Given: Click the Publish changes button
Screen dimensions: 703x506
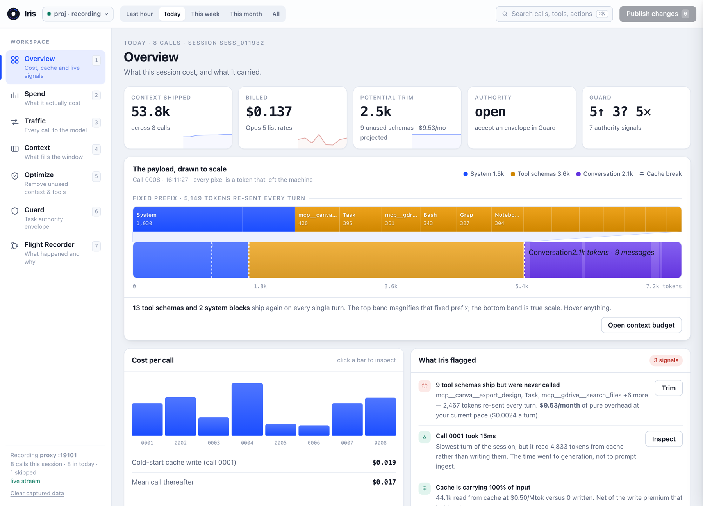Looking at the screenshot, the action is tap(657, 14).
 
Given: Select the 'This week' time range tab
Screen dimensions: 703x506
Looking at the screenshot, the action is tap(205, 14).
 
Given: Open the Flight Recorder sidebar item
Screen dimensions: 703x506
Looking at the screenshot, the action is tap(55, 253).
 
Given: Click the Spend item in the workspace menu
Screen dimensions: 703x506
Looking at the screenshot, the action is tap(55, 98).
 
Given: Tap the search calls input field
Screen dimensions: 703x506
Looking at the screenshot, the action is tap(554, 14).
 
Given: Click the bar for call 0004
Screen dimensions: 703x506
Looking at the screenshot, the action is tap(247, 409).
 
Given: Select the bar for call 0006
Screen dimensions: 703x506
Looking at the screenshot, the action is tap(314, 430).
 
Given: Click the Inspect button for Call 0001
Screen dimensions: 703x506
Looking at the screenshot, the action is tap(664, 439).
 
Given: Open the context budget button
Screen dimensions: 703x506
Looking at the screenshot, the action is tap(641, 325).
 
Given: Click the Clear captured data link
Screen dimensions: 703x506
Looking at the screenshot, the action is tap(37, 493).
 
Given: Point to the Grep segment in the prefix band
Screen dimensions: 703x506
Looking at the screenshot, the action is tap(474, 219).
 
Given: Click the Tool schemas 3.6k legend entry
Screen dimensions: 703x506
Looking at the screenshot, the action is tap(540, 174).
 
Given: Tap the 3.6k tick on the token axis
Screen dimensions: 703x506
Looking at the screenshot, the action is tap(391, 286).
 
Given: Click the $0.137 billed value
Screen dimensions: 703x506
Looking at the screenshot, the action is tap(269, 112).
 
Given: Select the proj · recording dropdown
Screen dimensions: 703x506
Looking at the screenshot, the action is tap(78, 14).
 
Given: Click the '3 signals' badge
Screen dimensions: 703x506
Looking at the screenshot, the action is tap(666, 360).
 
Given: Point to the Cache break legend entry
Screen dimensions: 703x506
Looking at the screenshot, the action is tap(660, 174).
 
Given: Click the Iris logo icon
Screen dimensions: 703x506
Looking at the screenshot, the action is tap(14, 14).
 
